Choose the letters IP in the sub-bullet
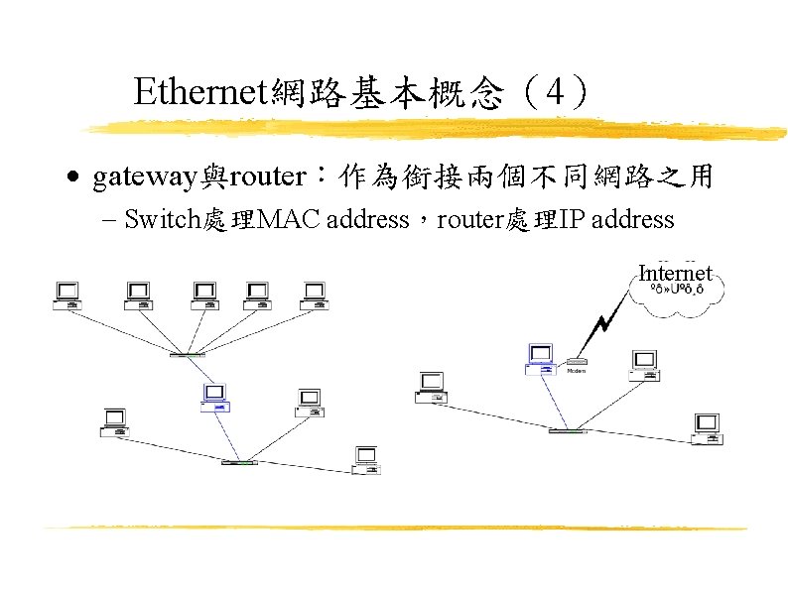573,219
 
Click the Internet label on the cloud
675,273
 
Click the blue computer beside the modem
540,359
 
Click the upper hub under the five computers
187,354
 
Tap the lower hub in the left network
239,462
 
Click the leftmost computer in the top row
68,295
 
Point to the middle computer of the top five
204,295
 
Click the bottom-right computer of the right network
707,426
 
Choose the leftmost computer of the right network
432,387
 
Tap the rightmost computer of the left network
367,458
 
